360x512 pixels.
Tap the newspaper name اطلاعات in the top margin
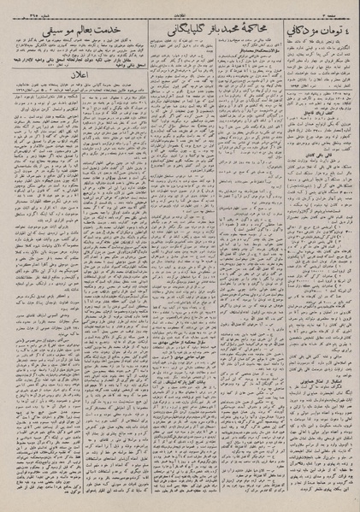point(180,10)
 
